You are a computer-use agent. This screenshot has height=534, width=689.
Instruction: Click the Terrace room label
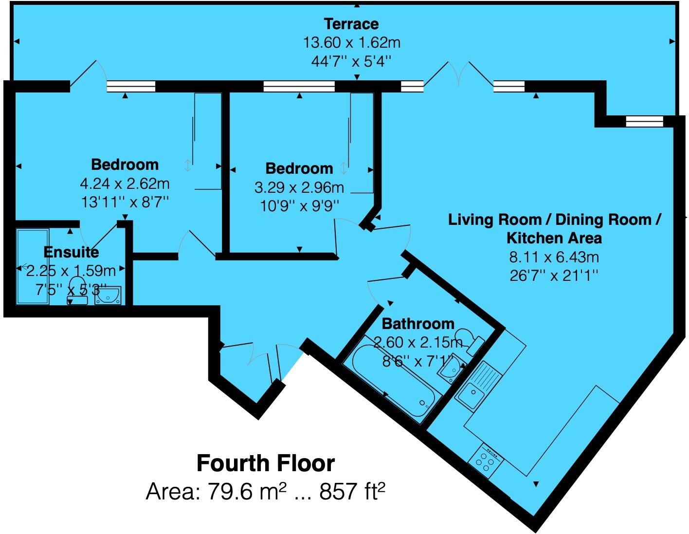(x=351, y=23)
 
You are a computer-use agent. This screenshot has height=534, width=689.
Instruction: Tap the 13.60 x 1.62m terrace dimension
(x=351, y=43)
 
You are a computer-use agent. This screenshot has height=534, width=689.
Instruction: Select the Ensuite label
(x=71, y=252)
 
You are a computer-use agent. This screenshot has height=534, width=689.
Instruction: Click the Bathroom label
(x=418, y=324)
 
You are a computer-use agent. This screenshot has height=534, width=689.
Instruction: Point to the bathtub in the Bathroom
(x=392, y=380)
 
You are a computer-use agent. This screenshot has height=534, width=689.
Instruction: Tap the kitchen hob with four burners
(x=485, y=460)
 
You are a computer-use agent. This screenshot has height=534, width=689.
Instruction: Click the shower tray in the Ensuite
(x=32, y=266)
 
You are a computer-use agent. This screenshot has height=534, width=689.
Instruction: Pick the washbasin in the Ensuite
(x=107, y=295)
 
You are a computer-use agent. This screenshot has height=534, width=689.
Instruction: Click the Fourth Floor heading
(x=266, y=463)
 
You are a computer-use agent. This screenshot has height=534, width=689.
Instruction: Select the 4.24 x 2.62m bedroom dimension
(x=125, y=184)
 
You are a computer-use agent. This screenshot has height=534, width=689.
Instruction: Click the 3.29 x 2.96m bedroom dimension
(x=299, y=187)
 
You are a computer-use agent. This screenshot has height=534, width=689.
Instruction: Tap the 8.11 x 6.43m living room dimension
(x=554, y=257)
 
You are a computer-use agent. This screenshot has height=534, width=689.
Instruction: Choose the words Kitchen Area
(x=554, y=238)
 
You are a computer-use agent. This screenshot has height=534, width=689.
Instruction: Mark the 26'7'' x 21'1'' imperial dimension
(x=554, y=276)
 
